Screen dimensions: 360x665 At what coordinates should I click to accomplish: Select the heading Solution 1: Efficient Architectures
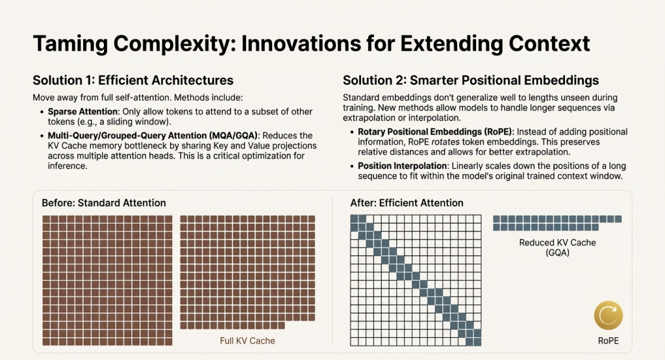133,81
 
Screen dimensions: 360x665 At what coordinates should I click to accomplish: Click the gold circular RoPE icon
609,317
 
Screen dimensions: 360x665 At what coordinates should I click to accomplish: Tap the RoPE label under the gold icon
609,340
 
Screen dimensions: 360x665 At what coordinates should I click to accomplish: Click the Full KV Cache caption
248,341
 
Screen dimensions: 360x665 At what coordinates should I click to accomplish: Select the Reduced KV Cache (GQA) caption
557,248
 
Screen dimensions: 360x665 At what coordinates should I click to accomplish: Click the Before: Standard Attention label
104,203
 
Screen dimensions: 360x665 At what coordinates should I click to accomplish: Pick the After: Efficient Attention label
407,203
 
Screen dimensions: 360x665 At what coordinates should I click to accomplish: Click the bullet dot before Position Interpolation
352,166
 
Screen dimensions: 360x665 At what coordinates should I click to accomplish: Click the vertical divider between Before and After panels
332,270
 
